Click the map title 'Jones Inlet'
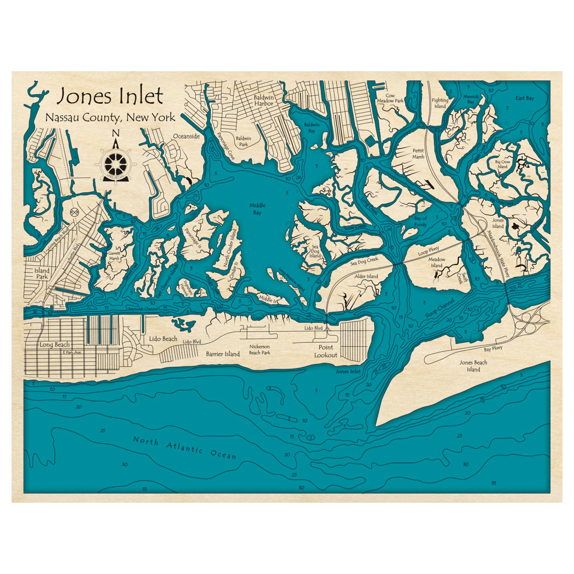pos(110,96)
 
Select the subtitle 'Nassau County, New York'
pos(109,117)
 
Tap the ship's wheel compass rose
pos(115,164)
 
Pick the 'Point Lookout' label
pos(325,351)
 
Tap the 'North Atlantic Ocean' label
pos(184,447)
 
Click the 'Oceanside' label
pos(186,137)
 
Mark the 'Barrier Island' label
pos(223,354)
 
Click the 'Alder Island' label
pos(366,277)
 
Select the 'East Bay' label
pos(524,98)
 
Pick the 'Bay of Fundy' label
pos(421,222)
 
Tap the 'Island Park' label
pos(42,273)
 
